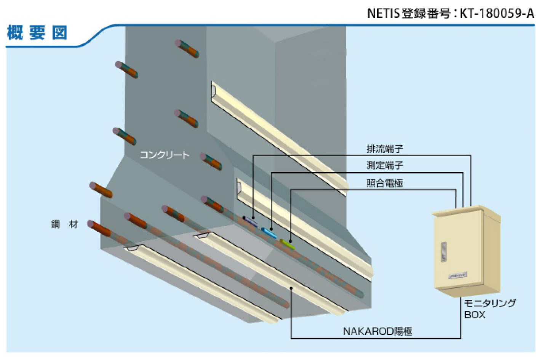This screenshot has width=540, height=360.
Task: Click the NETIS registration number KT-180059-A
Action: click(497, 13)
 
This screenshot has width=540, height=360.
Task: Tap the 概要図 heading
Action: click(37, 33)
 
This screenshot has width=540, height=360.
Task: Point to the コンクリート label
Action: click(165, 155)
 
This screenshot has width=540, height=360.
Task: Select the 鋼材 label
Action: click(64, 224)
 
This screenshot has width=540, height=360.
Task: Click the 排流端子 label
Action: click(385, 149)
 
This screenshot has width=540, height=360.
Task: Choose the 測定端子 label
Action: click(385, 165)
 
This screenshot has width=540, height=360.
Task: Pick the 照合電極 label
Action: click(385, 183)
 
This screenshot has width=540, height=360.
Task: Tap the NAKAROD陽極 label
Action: click(377, 331)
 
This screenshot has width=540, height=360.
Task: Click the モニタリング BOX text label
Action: click(489, 309)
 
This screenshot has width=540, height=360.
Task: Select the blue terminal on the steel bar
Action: click(269, 232)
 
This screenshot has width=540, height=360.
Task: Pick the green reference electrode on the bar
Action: click(288, 244)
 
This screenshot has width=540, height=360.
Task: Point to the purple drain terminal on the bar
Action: click(251, 221)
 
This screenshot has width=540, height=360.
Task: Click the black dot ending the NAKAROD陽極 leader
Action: click(291, 288)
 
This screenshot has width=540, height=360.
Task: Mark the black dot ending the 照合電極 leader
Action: click(291, 241)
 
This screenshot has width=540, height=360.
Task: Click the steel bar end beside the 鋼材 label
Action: click(99, 229)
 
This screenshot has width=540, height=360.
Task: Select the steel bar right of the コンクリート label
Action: click(211, 162)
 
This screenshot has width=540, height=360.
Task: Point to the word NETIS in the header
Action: click(383, 13)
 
